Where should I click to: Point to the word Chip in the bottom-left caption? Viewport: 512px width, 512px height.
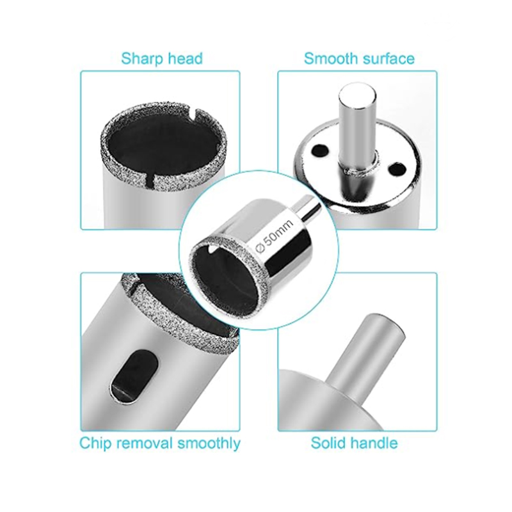pyautogui.click(x=95, y=443)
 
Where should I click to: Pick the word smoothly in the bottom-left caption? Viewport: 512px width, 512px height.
pyautogui.click(x=208, y=443)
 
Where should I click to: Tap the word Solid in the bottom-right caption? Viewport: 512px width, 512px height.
pyautogui.click(x=330, y=443)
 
